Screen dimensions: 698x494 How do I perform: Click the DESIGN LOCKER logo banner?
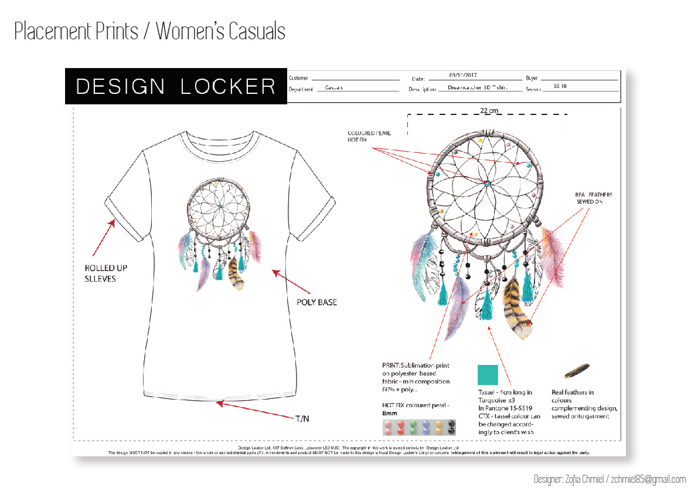(x=176, y=86)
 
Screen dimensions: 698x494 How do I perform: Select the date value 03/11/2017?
(x=464, y=76)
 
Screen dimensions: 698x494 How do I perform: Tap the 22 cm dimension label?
(x=489, y=110)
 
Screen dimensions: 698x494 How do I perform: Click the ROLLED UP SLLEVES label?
(x=105, y=273)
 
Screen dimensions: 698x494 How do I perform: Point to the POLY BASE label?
(x=317, y=302)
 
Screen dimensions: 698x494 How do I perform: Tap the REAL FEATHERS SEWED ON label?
(x=593, y=198)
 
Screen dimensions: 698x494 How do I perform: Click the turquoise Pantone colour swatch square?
(x=488, y=374)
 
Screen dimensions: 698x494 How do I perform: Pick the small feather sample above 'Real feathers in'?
(x=577, y=371)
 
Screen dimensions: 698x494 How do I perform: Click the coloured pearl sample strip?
(x=419, y=427)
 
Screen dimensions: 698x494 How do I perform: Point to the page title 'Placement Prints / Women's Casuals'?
(x=150, y=31)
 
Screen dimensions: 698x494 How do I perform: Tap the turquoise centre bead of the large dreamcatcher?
(x=487, y=183)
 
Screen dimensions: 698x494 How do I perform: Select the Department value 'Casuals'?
(x=334, y=87)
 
